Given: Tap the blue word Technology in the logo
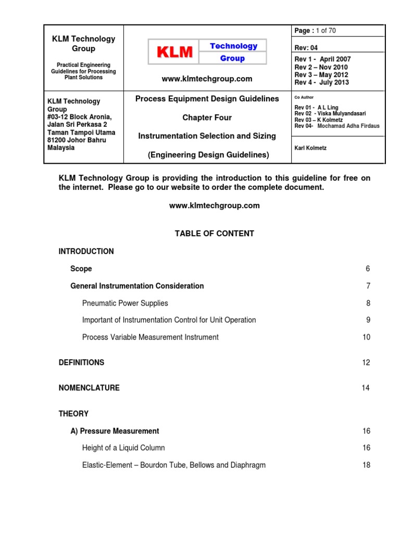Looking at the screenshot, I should click(x=233, y=46).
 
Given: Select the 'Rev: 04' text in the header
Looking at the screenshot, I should click(x=306, y=47).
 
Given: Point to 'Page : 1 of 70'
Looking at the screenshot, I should click(x=315, y=31).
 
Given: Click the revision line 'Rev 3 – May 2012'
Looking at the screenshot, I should click(x=321, y=75).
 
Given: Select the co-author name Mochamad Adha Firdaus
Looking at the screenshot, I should click(x=351, y=126).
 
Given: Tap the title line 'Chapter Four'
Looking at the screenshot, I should click(x=207, y=118).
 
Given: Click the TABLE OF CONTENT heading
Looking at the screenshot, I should click(x=214, y=234).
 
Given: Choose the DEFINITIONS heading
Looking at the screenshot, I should click(x=81, y=362).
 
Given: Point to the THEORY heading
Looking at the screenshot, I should click(x=73, y=414).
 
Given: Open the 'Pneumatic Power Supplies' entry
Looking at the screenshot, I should click(x=125, y=303).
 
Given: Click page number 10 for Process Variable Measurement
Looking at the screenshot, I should click(x=366, y=337).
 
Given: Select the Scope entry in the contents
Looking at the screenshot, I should click(x=81, y=269).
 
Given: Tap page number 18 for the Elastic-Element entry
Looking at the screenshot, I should click(x=366, y=465).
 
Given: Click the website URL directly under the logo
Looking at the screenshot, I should click(x=207, y=79).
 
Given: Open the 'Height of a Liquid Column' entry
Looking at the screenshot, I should click(x=123, y=448).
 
